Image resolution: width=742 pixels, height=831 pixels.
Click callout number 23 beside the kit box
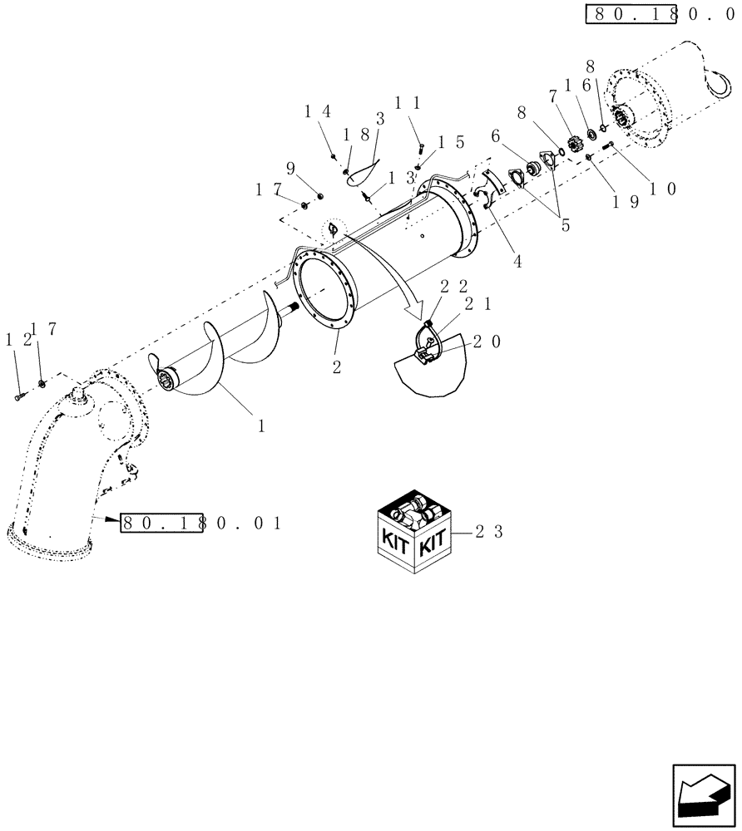pyautogui.click(x=490, y=534)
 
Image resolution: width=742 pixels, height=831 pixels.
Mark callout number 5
pyautogui.click(x=566, y=225)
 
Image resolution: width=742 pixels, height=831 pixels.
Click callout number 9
pyautogui.click(x=290, y=169)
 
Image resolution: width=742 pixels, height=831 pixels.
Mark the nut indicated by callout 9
pyautogui.click(x=321, y=195)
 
